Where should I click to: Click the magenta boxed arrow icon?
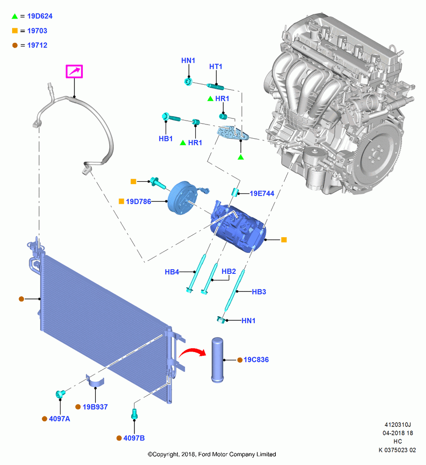pyautogui.click(x=74, y=72)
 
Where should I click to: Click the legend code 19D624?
pyautogui.click(x=40, y=16)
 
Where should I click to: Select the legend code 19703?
pyautogui.click(x=37, y=31)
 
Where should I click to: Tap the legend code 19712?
pyautogui.click(x=37, y=46)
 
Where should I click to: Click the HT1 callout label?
pyautogui.click(x=216, y=66)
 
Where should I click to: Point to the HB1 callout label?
pyautogui.click(x=166, y=139)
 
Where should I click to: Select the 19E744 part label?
pyautogui.click(x=262, y=193)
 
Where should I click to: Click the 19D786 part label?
pyautogui.click(x=138, y=202)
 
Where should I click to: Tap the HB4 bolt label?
pyautogui.click(x=172, y=272)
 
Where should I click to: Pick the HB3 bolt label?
pyautogui.click(x=259, y=292)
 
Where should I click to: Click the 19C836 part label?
pyautogui.click(x=256, y=360)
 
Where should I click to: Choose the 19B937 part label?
pyautogui.click(x=95, y=407)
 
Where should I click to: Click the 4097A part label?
pyautogui.click(x=60, y=419)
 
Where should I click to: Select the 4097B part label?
pyautogui.click(x=134, y=438)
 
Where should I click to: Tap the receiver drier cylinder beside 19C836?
pyautogui.click(x=217, y=360)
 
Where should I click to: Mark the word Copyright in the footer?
pyautogui.click(x=166, y=454)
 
